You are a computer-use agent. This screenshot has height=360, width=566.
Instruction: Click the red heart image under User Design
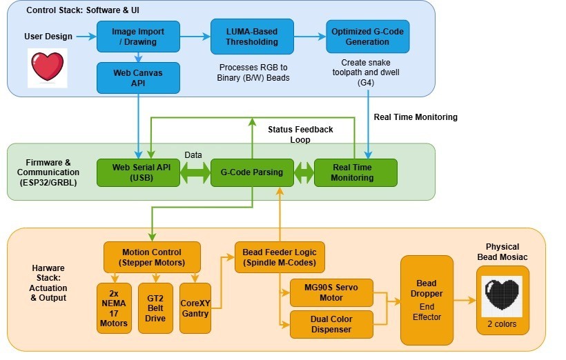click(x=47, y=67)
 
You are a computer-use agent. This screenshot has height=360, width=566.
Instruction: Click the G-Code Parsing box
click(x=252, y=172)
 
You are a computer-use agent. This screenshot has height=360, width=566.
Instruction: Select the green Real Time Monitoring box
click(x=355, y=172)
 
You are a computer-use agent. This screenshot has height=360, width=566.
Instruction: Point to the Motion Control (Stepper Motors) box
click(x=152, y=257)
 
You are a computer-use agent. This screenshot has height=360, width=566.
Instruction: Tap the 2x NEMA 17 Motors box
click(x=114, y=308)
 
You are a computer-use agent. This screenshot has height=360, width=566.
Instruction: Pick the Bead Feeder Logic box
click(x=280, y=257)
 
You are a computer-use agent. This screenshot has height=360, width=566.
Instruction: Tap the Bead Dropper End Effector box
click(x=427, y=299)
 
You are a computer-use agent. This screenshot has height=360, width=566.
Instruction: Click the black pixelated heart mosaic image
click(x=502, y=293)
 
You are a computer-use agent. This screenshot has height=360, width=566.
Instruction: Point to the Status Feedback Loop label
click(x=300, y=134)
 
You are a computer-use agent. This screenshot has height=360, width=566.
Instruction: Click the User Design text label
click(x=48, y=37)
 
